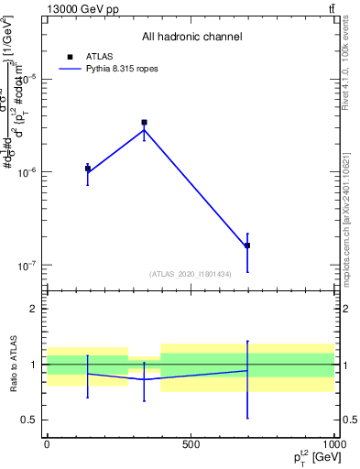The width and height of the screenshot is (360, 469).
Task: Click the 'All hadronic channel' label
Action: (191, 37)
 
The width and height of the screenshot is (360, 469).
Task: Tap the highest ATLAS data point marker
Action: (144, 122)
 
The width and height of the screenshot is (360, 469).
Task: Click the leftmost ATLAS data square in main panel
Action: (88, 169)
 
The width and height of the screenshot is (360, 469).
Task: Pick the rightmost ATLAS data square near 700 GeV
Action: (247, 245)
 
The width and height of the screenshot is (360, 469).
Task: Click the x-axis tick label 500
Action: (190, 443)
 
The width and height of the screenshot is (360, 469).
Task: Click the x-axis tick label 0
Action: (47, 443)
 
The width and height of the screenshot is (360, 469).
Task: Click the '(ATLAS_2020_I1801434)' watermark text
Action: (191, 274)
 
